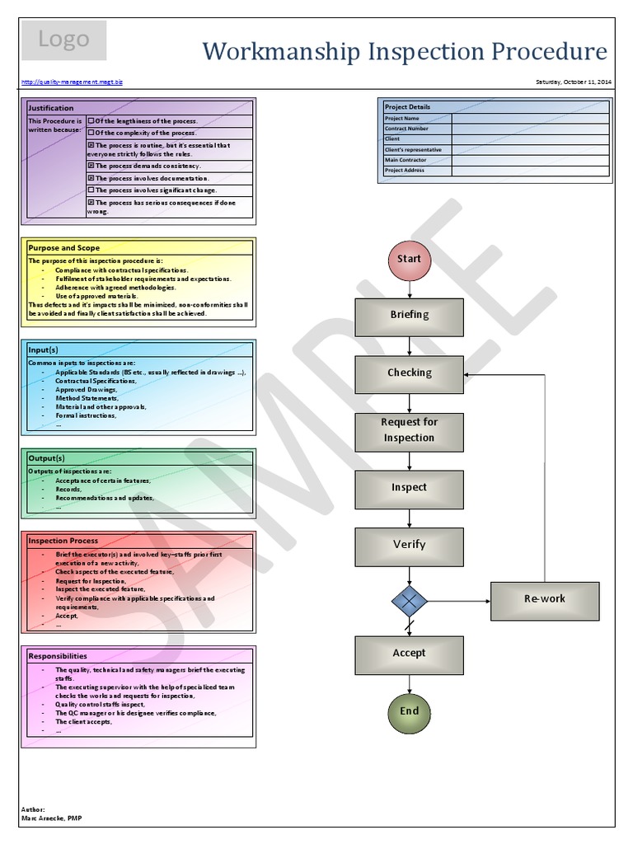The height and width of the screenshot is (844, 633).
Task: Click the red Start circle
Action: coord(409,259)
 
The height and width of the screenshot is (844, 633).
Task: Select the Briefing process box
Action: coord(409,315)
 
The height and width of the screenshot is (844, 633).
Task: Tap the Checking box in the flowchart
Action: coord(409,373)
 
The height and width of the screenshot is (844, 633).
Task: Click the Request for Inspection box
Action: coord(409,430)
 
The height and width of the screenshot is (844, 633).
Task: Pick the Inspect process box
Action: coord(409,488)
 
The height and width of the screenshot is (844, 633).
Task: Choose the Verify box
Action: coord(409,545)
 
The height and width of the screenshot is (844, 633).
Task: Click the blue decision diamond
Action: coord(409,601)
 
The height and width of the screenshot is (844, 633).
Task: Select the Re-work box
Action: coord(545,599)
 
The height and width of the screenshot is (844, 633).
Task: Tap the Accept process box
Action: coord(409,654)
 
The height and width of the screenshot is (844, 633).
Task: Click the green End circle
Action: coord(409,711)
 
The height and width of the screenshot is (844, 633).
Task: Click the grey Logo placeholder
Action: coord(63,40)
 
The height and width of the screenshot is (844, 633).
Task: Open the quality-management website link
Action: coord(72,82)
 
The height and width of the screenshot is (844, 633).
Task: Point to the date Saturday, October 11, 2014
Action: coord(574,82)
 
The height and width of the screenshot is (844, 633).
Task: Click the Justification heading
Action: coord(51,108)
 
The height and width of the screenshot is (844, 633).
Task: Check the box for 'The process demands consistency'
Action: coord(91,166)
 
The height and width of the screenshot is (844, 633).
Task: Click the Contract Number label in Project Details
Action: coord(406,129)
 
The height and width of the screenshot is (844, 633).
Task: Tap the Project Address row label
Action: coord(405,171)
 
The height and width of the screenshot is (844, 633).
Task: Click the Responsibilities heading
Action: coord(58,656)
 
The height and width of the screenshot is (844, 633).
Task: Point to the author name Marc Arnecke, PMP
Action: coord(51,818)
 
